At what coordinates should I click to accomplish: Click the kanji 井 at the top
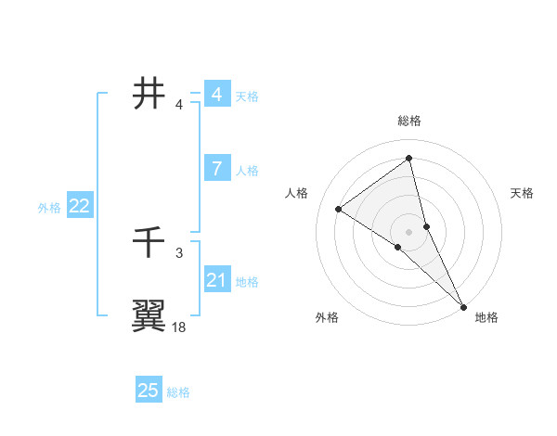point(149,94)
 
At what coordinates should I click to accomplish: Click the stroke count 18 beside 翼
point(179,327)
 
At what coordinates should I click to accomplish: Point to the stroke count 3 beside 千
point(179,252)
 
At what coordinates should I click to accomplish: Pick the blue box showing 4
point(216,95)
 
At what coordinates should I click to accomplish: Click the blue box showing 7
point(216,169)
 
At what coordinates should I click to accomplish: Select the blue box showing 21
point(216,280)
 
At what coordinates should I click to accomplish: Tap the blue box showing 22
point(79,206)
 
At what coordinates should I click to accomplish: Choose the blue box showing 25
point(149,391)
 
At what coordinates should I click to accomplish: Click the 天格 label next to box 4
point(247,96)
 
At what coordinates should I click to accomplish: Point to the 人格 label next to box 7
point(247,170)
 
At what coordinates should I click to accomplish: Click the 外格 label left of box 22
point(49,208)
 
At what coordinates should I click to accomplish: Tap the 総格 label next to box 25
point(178,392)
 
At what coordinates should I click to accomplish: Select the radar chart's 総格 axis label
point(409,121)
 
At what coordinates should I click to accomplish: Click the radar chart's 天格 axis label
point(523,193)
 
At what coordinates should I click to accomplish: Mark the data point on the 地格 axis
point(463,305)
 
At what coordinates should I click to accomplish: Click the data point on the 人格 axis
point(339,209)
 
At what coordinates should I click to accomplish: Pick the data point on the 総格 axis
point(409,159)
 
